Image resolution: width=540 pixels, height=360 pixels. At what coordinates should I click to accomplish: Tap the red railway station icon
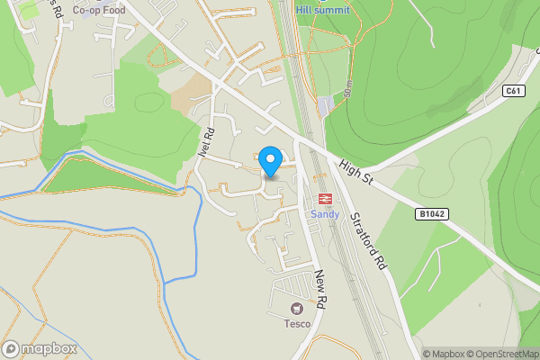click(x=324, y=199)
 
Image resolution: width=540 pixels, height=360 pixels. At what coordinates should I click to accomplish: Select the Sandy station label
click(x=324, y=214)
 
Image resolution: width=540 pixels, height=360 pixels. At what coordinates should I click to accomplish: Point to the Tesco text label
click(x=298, y=324)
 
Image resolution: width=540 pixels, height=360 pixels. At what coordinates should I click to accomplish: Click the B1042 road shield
click(x=432, y=214)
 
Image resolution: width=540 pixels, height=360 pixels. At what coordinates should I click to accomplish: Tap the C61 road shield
click(x=513, y=91)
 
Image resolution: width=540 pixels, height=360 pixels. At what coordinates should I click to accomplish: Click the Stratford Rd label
click(x=368, y=241)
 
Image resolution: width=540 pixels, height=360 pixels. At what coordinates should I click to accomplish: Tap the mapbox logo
click(x=40, y=348)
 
